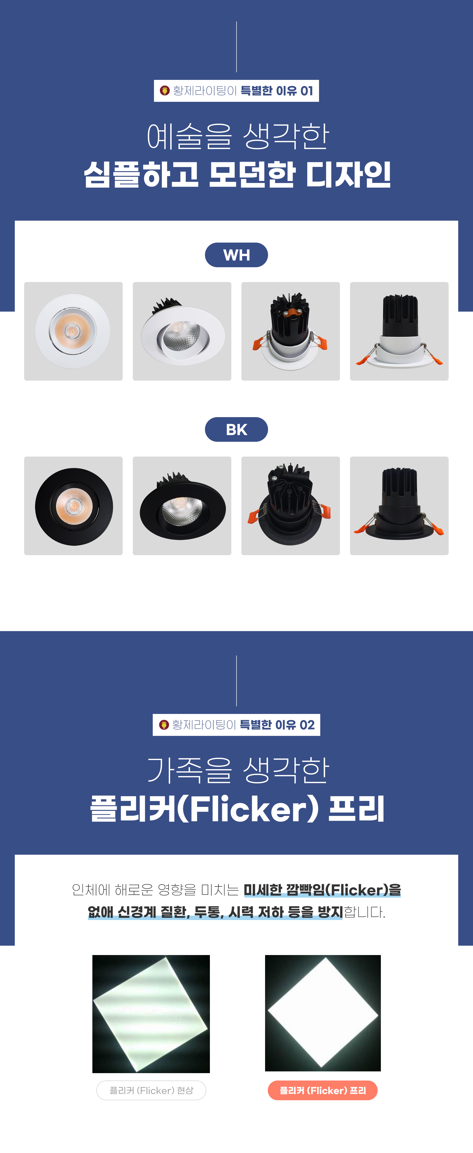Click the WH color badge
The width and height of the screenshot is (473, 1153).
[x=236, y=255]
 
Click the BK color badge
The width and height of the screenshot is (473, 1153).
[x=236, y=430]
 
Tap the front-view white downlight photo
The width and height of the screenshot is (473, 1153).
[x=73, y=331]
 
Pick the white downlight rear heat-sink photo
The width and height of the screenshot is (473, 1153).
[x=290, y=331]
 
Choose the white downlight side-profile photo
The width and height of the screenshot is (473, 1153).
[x=399, y=331]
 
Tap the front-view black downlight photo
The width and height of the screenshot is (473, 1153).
[x=73, y=506]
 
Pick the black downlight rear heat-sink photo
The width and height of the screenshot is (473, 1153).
[x=290, y=506]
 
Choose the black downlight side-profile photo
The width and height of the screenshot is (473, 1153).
[x=399, y=506]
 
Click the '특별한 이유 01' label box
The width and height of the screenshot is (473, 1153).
[x=236, y=91]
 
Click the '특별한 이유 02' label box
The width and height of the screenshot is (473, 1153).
[x=236, y=725]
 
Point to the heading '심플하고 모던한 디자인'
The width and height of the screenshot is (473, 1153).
[x=237, y=175]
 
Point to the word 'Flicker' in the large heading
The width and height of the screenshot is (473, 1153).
[x=248, y=809]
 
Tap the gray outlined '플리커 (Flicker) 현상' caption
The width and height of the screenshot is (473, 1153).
[x=151, y=1090]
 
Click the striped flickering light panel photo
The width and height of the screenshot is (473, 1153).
[x=151, y=1014]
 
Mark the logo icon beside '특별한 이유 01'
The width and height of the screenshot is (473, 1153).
[x=165, y=91]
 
